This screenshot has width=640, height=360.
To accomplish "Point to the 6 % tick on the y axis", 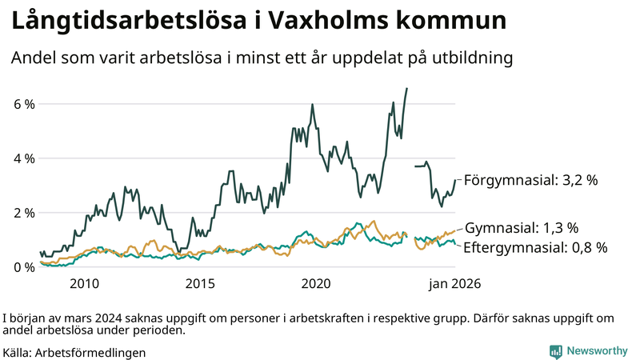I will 23,105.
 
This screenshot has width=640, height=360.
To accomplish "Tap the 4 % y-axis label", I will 23,158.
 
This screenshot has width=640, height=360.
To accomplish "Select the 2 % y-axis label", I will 23,213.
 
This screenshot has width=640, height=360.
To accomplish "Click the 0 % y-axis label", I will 23,267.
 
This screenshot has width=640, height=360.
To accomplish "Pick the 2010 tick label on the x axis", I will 84,284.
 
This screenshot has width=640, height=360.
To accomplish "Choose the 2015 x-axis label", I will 200,284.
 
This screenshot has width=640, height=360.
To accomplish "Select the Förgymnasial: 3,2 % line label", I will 530,181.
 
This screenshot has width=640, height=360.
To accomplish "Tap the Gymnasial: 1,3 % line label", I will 522,229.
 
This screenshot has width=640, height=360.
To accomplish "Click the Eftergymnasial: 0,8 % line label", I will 535,247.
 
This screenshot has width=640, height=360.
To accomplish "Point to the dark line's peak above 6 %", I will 407,89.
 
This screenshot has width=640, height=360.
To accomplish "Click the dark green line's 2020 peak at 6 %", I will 312,105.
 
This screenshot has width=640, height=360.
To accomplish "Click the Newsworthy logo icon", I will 555,351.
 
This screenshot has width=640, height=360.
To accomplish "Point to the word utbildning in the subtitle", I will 470,58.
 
